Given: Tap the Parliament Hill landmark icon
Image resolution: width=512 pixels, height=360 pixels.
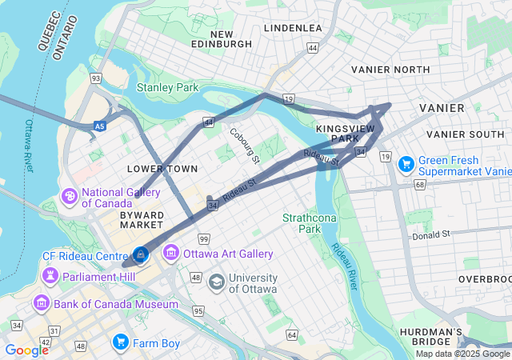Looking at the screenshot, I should point(50,275).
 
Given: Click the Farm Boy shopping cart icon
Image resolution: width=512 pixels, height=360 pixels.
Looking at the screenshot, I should point(121,342).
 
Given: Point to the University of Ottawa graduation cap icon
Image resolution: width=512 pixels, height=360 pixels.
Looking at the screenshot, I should point(216,282).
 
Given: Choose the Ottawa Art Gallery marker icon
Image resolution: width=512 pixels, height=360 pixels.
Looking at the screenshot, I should point(170,254).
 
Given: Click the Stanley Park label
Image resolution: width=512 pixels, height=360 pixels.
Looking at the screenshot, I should point(166,86).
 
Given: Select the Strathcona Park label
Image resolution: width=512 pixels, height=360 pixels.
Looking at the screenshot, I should point(302,223).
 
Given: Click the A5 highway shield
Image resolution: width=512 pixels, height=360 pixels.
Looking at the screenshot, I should point(98,126).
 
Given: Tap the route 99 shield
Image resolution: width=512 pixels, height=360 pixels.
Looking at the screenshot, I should point(204,239).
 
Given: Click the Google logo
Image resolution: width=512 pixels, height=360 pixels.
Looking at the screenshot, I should point(26,350).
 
